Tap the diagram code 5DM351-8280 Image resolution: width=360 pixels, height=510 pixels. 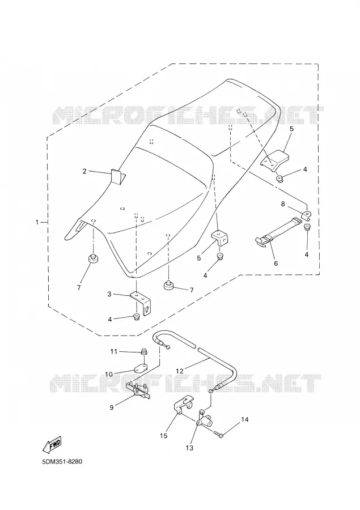tap(62, 462)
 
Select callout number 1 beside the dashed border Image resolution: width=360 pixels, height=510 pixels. tap(37, 222)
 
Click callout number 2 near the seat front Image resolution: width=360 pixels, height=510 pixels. tap(84, 171)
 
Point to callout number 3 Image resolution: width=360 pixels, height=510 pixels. tap(109, 294)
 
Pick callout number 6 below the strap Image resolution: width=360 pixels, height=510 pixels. tap(276, 263)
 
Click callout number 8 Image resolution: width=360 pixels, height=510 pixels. tap(283, 204)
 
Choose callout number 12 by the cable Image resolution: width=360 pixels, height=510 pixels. tap(180, 371)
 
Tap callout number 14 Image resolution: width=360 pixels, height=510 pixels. tap(245, 419)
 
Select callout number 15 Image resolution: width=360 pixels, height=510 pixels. tap(164, 436)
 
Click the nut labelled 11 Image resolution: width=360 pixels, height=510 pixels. tap(143, 351)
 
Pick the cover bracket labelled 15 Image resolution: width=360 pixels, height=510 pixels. tap(183, 405)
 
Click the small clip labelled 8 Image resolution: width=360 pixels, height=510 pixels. tap(307, 215)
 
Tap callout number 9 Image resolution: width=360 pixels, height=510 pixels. tap(112, 407)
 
